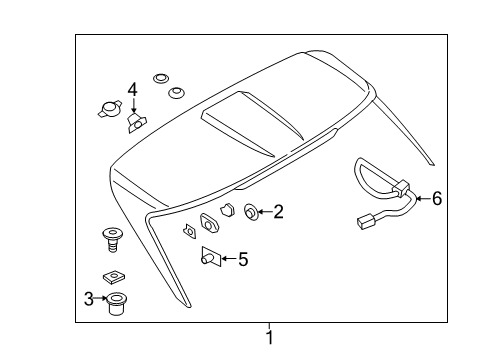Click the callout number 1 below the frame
(x=268, y=338)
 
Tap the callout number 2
(x=278, y=211)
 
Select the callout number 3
(x=88, y=298)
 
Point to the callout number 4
(x=132, y=93)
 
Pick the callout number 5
(x=242, y=259)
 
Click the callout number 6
(x=435, y=198)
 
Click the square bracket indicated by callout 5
(x=210, y=256)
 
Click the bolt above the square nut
(x=112, y=241)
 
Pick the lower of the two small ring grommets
(x=176, y=93)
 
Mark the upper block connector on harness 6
(x=401, y=187)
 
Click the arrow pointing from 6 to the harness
(x=421, y=199)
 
